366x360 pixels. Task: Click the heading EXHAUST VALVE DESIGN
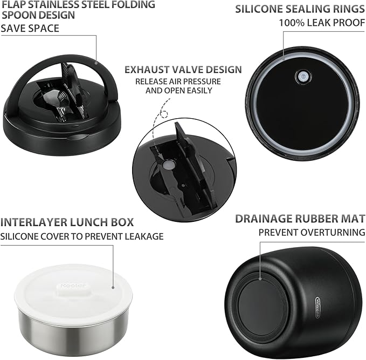click(x=183, y=70)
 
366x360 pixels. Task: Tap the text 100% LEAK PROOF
click(x=322, y=23)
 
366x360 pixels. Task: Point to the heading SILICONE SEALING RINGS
click(x=300, y=9)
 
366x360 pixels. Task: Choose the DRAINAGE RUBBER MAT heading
click(x=300, y=219)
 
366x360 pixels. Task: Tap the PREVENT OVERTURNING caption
click(x=312, y=232)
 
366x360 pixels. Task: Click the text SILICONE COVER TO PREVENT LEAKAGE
click(x=82, y=236)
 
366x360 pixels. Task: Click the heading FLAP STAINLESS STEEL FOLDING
click(x=79, y=4)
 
